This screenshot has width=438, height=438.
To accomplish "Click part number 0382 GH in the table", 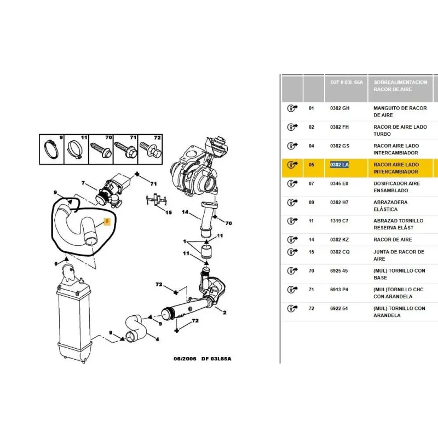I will click(339, 108).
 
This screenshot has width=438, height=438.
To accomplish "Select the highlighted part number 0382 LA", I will click(339, 165).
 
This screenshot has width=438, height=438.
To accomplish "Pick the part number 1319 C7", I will click(339, 221).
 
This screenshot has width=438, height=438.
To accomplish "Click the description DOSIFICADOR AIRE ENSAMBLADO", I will click(397, 187).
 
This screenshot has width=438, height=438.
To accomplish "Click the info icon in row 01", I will click(292, 108).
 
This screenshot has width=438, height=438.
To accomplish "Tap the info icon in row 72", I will click(292, 309).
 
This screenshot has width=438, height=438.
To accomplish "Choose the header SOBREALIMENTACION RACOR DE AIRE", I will click(400, 85).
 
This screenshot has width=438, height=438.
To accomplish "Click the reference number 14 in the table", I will click(312, 240).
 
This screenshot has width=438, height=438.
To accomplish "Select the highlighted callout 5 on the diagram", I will click(107, 222).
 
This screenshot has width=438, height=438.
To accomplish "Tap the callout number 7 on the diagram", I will click(83, 183).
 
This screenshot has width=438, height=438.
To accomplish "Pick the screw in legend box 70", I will click(101, 149).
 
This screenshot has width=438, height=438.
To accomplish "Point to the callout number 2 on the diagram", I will click(224, 313).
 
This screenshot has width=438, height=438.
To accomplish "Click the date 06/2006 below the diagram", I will click(185, 359).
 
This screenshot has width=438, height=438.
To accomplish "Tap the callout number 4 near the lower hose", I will click(157, 339).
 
